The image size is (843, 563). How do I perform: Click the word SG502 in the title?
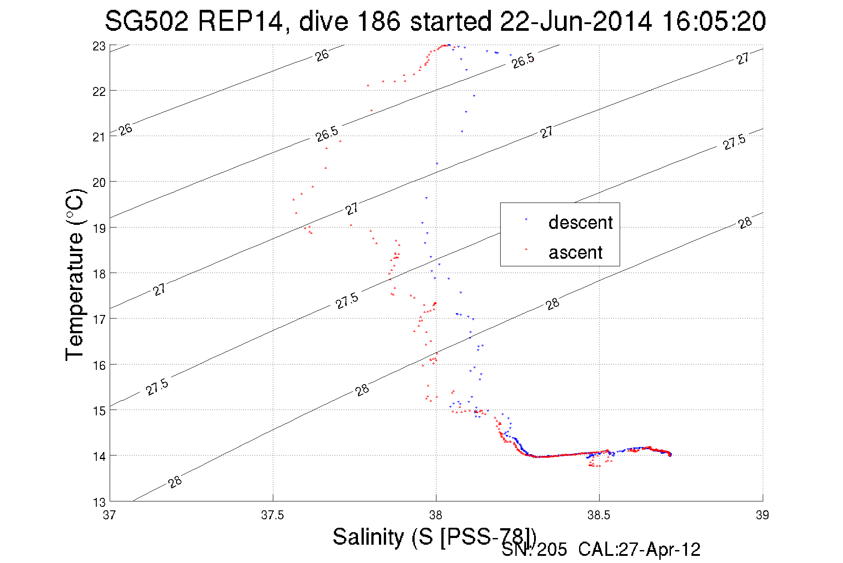pos(147,21)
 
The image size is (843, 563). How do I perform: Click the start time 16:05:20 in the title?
pos(714,21)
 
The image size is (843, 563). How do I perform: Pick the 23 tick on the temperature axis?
pos(99,46)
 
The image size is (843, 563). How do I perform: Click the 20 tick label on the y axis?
pos(99,182)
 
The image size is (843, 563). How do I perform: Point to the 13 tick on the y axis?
pos(99,502)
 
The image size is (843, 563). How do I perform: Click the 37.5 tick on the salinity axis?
pos(272,515)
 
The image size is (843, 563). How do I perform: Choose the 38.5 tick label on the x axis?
pos(599,515)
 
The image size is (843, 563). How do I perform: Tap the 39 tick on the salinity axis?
pos(762,515)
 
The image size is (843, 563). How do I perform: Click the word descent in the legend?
pos(580,222)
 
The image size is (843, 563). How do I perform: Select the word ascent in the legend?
pos(576,253)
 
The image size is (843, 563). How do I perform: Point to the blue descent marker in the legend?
pos(526,219)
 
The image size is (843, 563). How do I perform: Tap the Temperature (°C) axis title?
pos(75,275)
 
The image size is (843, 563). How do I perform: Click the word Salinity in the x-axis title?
pos(368,537)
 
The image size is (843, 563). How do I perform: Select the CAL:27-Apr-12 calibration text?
pos(639,550)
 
